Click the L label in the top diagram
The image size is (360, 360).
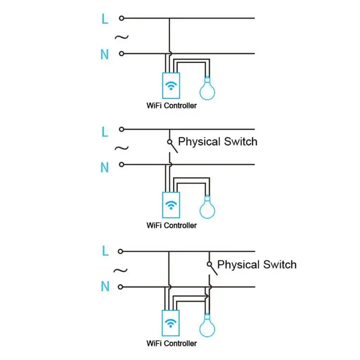(105, 19)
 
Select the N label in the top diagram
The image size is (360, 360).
(104, 55)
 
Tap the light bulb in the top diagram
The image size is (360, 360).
(207, 88)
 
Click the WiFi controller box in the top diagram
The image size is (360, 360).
(171, 86)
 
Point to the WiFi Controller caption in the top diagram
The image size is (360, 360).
(171, 106)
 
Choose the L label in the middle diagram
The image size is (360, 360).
(105, 131)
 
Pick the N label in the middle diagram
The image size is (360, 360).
(104, 167)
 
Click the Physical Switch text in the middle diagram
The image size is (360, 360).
(218, 142)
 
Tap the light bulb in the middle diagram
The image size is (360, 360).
(207, 207)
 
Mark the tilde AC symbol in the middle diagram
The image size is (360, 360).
(121, 148)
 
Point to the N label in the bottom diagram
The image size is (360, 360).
(105, 286)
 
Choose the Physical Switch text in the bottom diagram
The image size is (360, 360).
(257, 264)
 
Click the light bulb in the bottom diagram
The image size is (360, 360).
(207, 325)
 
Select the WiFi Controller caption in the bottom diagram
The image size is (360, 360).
(171, 343)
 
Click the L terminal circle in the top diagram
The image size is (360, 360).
(121, 18)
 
